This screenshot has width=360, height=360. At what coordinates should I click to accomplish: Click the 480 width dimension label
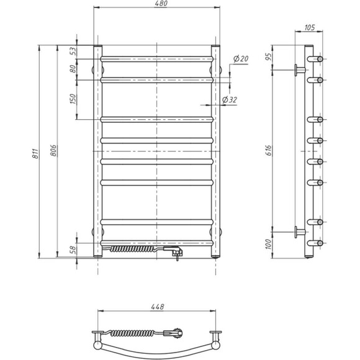[161, 4]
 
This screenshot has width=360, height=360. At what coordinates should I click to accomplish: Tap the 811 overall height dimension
[35, 153]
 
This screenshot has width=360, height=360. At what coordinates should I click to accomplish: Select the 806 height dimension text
[53, 151]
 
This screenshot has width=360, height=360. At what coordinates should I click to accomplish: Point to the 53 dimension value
[73, 52]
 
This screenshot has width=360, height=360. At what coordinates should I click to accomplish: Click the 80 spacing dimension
[73, 69]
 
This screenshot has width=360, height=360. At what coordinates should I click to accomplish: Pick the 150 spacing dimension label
[73, 99]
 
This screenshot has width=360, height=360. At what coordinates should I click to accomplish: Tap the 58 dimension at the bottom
[73, 250]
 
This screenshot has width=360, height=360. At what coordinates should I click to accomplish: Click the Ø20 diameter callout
[241, 59]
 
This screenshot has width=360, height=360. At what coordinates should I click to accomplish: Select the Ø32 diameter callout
[230, 100]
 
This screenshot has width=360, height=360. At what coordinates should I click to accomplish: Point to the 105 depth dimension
[310, 27]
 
